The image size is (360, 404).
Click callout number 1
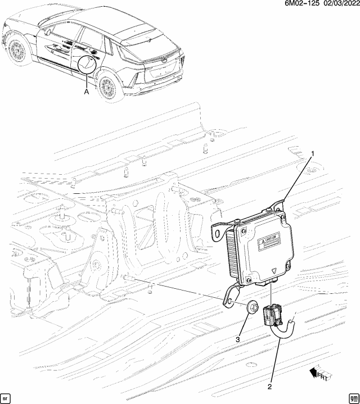314,153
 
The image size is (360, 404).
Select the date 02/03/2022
338,5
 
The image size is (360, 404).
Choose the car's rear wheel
107,88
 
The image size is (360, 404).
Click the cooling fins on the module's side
232,256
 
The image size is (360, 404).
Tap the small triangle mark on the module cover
273,270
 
